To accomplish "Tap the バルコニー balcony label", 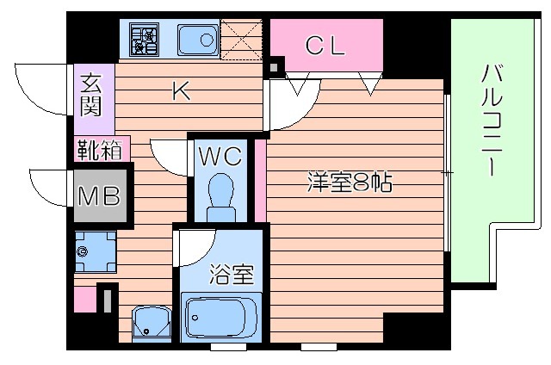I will [x=488, y=119].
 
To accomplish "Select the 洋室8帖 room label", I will [x=350, y=182].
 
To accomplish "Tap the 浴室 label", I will [x=232, y=276].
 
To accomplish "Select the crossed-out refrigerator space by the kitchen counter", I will [x=243, y=38].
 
